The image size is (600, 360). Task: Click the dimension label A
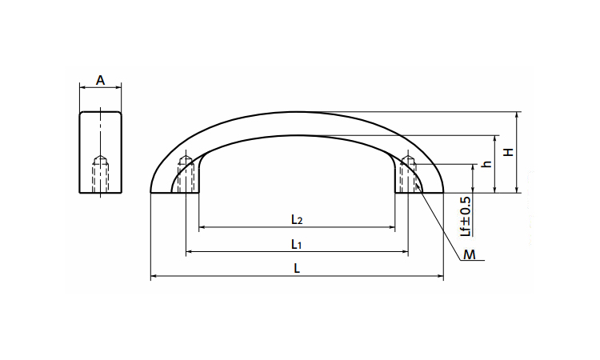(x=100, y=80)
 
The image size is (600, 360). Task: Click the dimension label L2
(x=297, y=219)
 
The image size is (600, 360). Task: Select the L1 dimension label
(x=297, y=244)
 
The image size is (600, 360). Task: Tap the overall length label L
(x=297, y=268)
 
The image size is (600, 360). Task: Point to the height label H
(x=508, y=152)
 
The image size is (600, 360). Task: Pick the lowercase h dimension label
(x=486, y=163)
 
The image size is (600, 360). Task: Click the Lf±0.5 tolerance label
(x=466, y=216)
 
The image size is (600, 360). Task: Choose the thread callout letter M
(x=469, y=254)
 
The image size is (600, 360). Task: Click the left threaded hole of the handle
(x=186, y=174)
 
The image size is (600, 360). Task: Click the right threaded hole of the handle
(x=408, y=174)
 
